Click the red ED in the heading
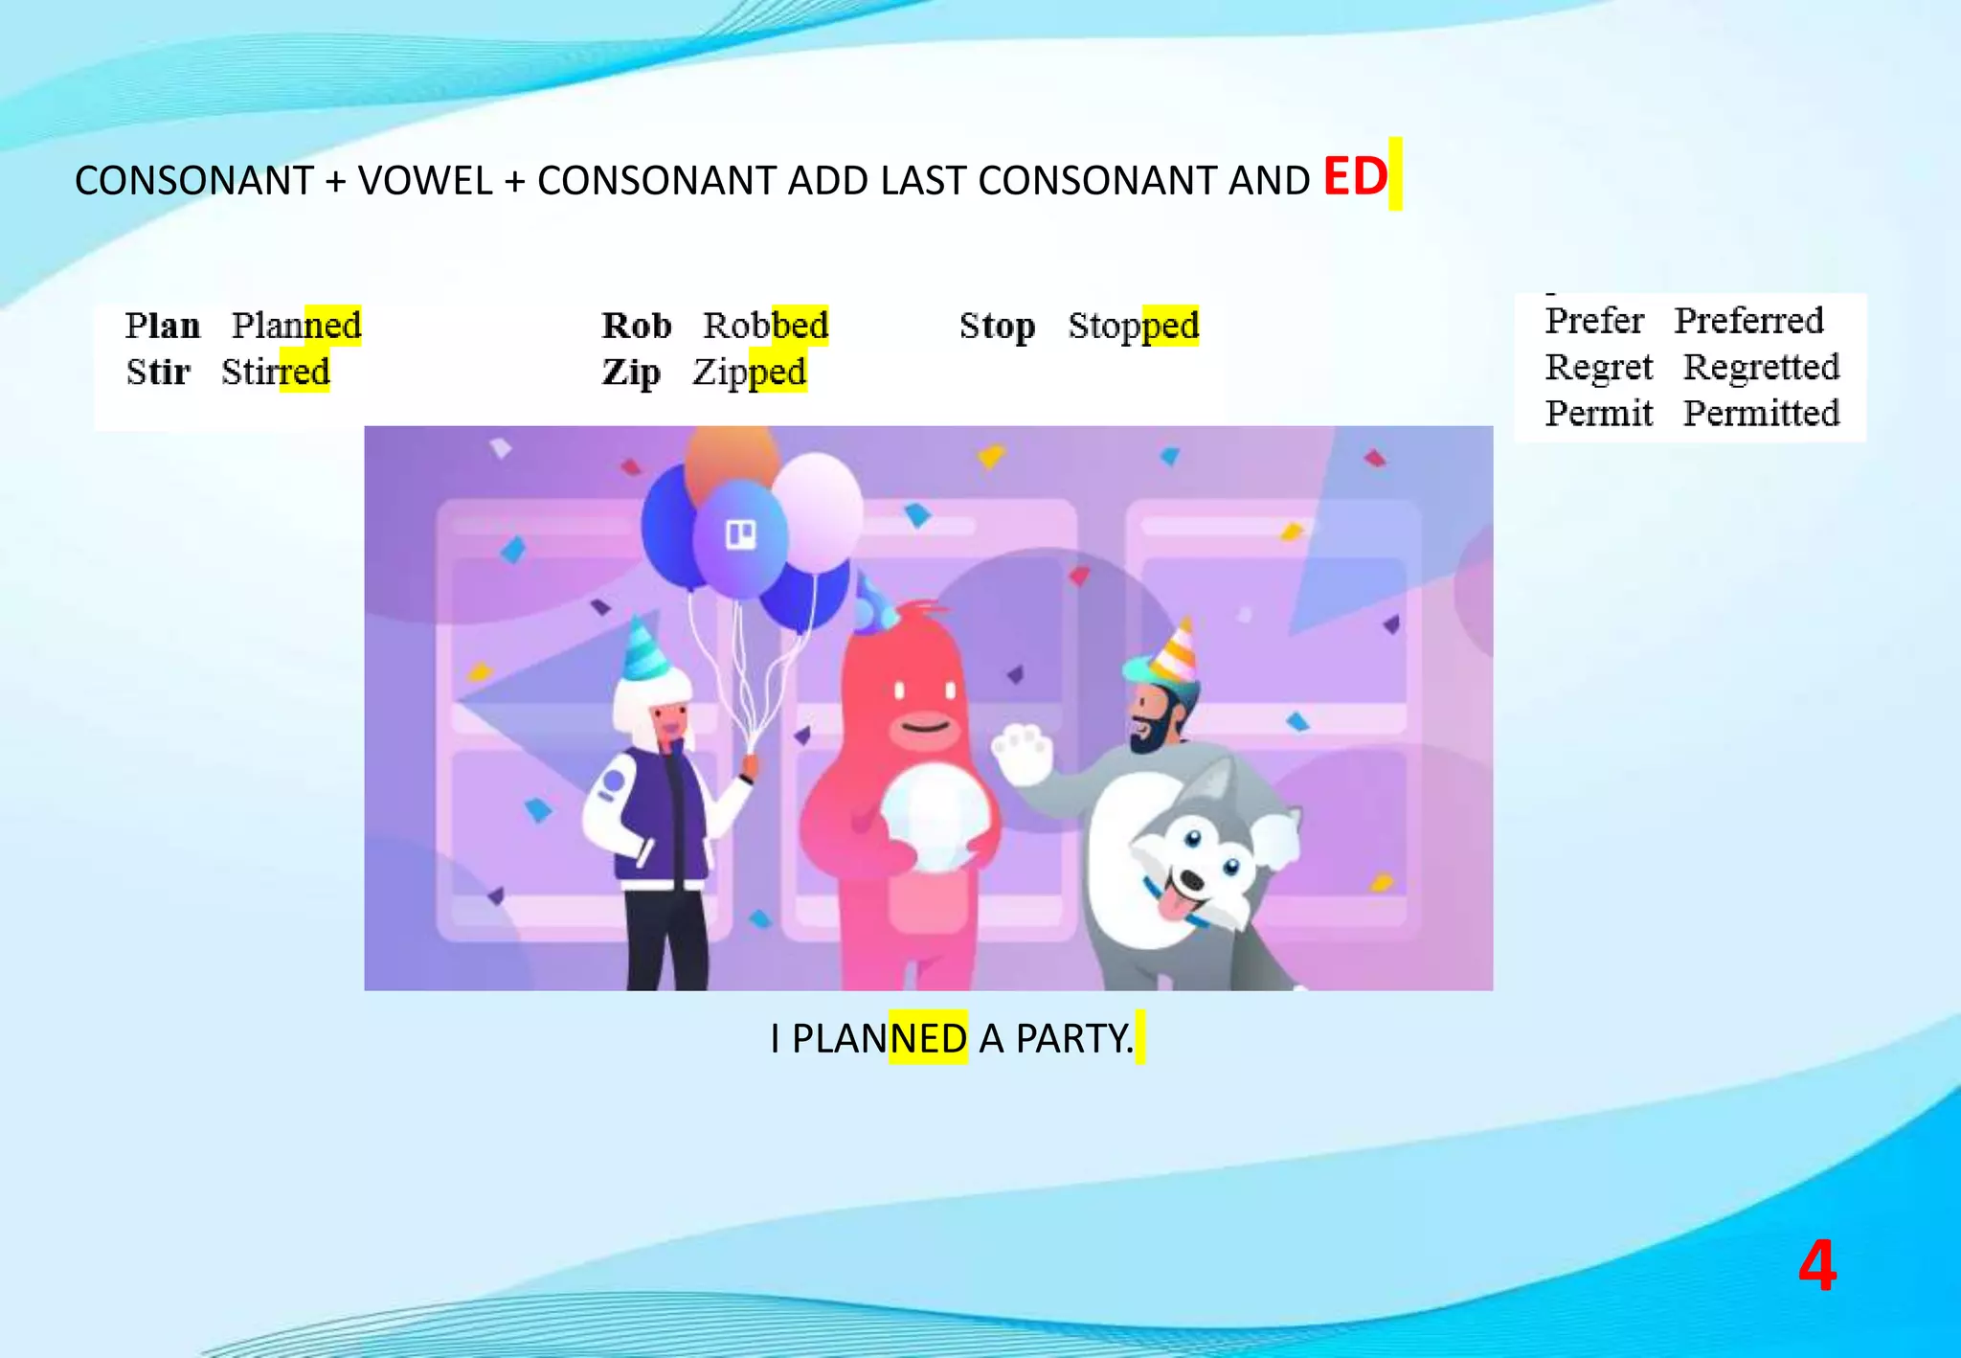click(x=1355, y=177)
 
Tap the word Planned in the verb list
click(x=297, y=326)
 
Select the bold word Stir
click(x=158, y=372)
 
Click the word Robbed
click(x=765, y=326)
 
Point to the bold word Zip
click(x=631, y=372)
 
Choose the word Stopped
click(x=1133, y=326)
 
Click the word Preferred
click(x=1748, y=321)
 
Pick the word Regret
click(x=1599, y=367)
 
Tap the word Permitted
click(x=1762, y=413)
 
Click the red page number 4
click(x=1816, y=1266)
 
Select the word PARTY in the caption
click(x=1071, y=1039)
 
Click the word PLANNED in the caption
click(x=879, y=1039)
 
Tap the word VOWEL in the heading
click(x=424, y=181)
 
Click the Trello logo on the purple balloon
click(x=741, y=534)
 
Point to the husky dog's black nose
click(x=1190, y=879)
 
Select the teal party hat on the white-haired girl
click(x=644, y=648)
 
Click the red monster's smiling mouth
click(x=925, y=728)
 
